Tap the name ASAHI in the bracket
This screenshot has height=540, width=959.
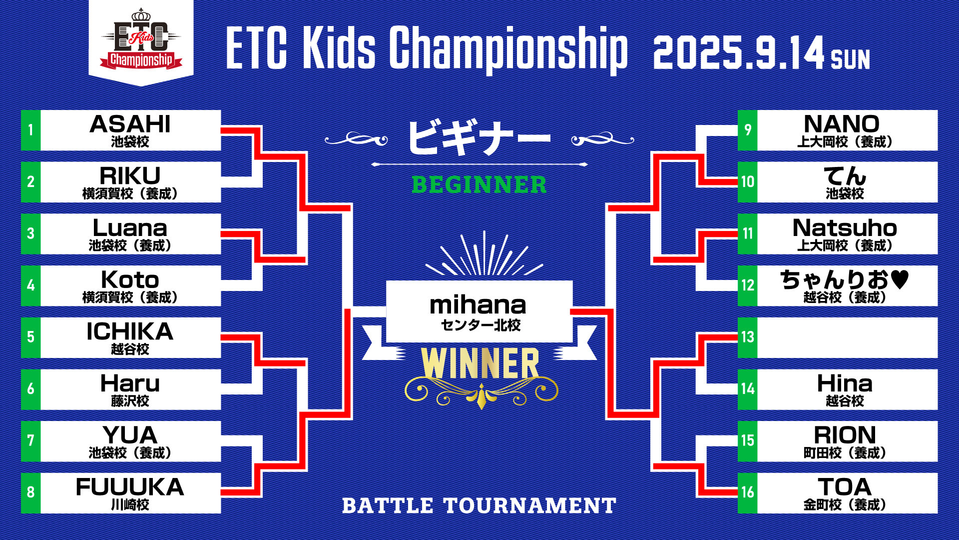coord(130,124)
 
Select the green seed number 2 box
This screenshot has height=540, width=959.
coord(30,182)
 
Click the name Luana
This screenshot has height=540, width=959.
coord(130,228)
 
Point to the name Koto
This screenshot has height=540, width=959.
coord(130,279)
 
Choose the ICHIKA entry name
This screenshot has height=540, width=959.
coord(130,331)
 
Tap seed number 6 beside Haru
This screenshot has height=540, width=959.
coord(30,389)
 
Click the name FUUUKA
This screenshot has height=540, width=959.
coord(130,487)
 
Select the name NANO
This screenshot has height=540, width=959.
coord(842,124)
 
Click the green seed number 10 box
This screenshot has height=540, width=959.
coord(748,182)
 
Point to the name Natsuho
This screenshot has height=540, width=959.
coord(845,228)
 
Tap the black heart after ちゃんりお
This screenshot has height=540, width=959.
coord(900,279)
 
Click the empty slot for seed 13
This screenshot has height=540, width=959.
coord(848,337)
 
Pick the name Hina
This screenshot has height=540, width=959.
coord(845,383)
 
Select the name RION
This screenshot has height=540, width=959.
coord(845,435)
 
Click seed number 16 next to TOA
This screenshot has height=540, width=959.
coord(748,492)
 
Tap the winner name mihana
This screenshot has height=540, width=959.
coord(478,304)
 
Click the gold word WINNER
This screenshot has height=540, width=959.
coord(480,363)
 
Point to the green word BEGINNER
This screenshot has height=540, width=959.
coord(479,184)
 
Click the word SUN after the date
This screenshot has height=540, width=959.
coord(850,59)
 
